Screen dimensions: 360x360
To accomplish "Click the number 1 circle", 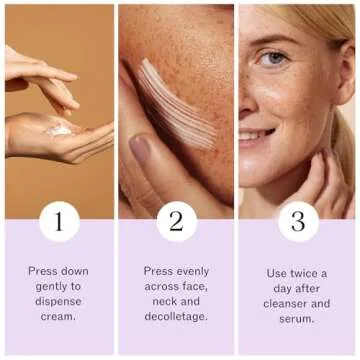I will click(59, 220).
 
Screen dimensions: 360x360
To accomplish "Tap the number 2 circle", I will click(177, 220).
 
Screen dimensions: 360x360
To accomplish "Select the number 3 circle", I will click(298, 220).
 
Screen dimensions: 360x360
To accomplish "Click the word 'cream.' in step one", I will click(59, 318).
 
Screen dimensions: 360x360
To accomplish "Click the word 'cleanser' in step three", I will click(286, 302).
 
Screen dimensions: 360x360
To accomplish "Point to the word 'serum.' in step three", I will click(297, 318).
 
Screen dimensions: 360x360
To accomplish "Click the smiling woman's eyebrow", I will click(276, 39).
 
